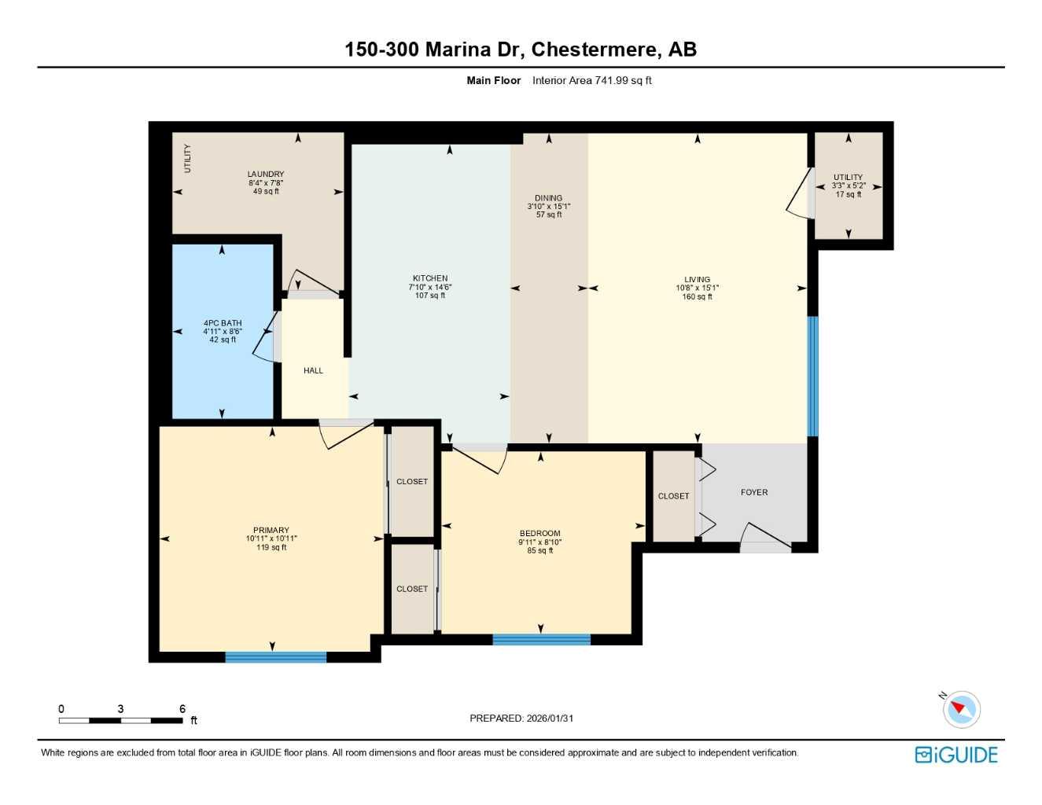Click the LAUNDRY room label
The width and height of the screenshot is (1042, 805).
(x=266, y=174)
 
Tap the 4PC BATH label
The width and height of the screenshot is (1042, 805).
(x=223, y=323)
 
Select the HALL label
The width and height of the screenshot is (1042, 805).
(x=313, y=370)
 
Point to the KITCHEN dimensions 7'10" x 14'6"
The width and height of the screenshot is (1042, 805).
(x=430, y=287)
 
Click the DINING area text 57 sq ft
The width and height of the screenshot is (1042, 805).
(x=548, y=215)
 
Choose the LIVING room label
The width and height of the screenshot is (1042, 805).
(x=697, y=279)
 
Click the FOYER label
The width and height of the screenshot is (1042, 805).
(x=753, y=492)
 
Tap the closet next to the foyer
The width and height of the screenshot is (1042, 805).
(x=673, y=496)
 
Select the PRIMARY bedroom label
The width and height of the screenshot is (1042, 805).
(x=271, y=530)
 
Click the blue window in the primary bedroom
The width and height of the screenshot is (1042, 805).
(x=275, y=657)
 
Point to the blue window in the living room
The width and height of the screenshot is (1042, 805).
(x=813, y=376)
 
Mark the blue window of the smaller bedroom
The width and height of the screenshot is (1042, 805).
(x=541, y=640)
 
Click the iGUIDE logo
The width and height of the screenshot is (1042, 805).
(x=956, y=755)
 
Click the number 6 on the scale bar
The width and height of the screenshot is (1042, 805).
(x=182, y=709)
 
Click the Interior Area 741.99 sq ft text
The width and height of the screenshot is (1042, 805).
(x=591, y=80)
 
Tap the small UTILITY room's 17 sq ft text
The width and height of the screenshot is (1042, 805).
(x=848, y=195)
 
